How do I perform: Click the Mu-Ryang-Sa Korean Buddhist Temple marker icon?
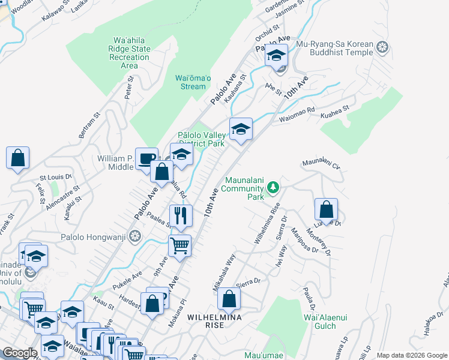pyautogui.click(x=382, y=47)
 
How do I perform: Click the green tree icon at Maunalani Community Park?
pyautogui.click(x=273, y=188)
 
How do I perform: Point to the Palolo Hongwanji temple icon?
pyautogui.click(x=135, y=236)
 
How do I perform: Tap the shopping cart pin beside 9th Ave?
pyautogui.click(x=179, y=245)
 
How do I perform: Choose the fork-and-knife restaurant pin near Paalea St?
pyautogui.click(x=181, y=215)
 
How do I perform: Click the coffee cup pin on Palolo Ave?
pyautogui.click(x=146, y=158)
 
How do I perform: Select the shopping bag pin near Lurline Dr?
pyautogui.click(x=326, y=209)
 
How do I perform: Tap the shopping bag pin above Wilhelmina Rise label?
pyautogui.click(x=229, y=298)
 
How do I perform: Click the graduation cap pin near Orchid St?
pyautogui.click(x=276, y=56)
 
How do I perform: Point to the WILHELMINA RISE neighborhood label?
pyautogui.click(x=214, y=320)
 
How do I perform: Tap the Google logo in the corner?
pyautogui.click(x=19, y=353)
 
